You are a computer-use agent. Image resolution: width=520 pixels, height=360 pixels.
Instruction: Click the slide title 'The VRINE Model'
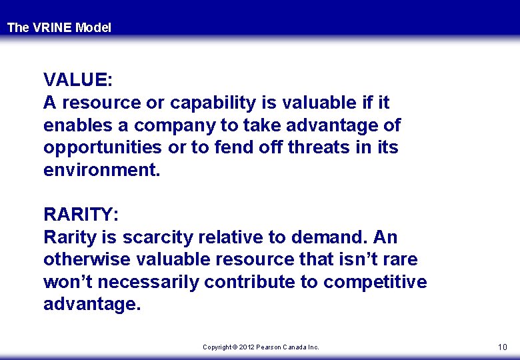(59, 28)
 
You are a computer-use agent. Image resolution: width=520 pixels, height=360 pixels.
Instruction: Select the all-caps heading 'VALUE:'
(78, 80)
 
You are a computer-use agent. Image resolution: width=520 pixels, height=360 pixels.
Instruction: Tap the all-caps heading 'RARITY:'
(81, 215)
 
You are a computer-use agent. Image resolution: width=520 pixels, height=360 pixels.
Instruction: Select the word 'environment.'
(102, 170)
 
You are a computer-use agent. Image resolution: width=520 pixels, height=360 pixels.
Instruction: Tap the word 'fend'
(236, 147)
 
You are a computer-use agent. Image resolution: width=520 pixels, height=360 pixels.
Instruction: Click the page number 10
(502, 347)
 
